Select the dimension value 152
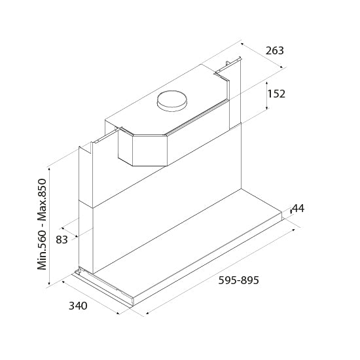pyautogui.click(x=277, y=94)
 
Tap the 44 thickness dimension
pyautogui.click(x=298, y=209)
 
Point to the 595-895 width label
pyautogui.click(x=238, y=281)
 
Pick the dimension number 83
pyautogui.click(x=62, y=240)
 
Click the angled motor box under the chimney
pyautogui.click(x=141, y=149)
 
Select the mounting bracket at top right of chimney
pyautogui.click(x=228, y=65)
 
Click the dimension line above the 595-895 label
pyautogui.click(x=223, y=269)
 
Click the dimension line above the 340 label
pyautogui.click(x=98, y=297)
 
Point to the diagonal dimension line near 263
pyautogui.click(x=262, y=55)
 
